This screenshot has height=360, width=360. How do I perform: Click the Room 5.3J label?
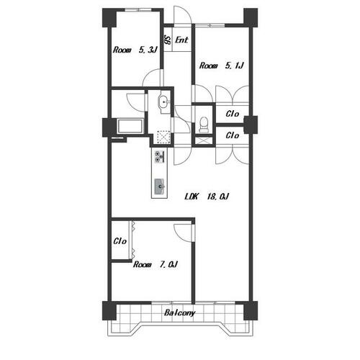pyautogui.click(x=135, y=50)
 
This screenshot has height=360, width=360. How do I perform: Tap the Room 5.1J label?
pyautogui.click(x=222, y=66)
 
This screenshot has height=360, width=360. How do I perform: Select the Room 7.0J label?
pyautogui.click(x=156, y=264)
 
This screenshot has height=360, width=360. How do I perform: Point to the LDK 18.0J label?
pyautogui.click(x=207, y=197)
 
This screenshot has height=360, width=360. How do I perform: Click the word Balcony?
pyautogui.click(x=180, y=313)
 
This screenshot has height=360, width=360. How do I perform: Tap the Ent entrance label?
pyautogui.click(x=181, y=40)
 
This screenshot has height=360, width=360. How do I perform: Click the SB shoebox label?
pyautogui.click(x=167, y=40)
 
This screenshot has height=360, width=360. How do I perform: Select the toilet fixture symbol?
pyautogui.click(x=204, y=125)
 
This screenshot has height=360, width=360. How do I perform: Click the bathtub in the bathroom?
pyautogui.click(x=130, y=126)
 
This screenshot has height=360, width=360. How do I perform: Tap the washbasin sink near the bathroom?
pyautogui.click(x=164, y=103)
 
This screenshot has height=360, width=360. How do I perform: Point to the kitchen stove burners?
pyautogui.click(x=159, y=156)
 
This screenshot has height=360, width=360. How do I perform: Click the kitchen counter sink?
pyautogui.click(x=160, y=186)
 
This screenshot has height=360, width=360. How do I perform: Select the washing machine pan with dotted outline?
pyautogui.click(x=163, y=138)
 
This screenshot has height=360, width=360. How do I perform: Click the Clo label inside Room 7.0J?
pyautogui.click(x=120, y=241)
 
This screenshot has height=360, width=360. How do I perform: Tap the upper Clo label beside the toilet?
pyautogui.click(x=233, y=114)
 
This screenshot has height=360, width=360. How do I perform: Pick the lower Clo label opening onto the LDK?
pyautogui.click(x=233, y=135)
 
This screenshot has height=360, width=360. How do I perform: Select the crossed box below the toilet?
pyautogui.click(x=204, y=140)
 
